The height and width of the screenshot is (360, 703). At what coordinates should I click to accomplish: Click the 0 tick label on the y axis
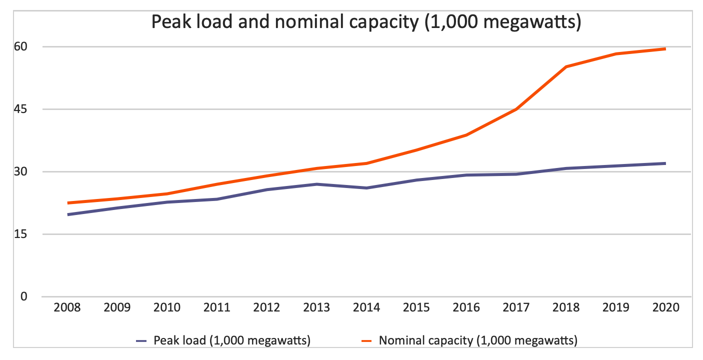click(x=23, y=296)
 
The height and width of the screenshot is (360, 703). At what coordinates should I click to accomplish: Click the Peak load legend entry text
click(x=233, y=341)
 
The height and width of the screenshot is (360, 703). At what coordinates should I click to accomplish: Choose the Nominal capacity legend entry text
click(x=478, y=341)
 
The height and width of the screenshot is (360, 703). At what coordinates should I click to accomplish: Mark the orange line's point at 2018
click(x=566, y=66)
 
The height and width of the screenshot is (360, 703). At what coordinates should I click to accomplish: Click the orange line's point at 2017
click(x=516, y=109)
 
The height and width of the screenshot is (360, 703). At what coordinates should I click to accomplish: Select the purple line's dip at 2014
click(x=366, y=188)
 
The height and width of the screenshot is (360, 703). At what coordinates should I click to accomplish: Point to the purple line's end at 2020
click(x=665, y=163)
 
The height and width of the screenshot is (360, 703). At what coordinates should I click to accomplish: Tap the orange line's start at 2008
click(x=67, y=203)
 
